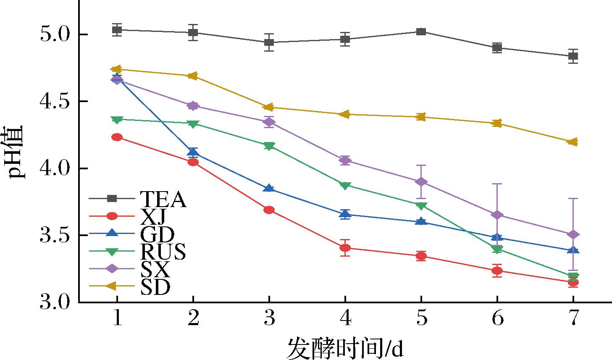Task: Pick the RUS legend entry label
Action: (x=163, y=252)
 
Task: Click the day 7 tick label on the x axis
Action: (x=573, y=319)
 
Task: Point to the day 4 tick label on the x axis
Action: (x=345, y=319)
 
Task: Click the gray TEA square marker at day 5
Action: (x=421, y=32)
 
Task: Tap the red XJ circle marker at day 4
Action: (x=345, y=248)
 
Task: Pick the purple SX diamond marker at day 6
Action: (x=497, y=215)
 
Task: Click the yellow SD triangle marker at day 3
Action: (x=269, y=108)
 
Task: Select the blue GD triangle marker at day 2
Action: (x=193, y=152)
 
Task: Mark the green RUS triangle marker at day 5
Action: (x=421, y=205)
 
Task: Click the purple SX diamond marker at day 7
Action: (x=573, y=234)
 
